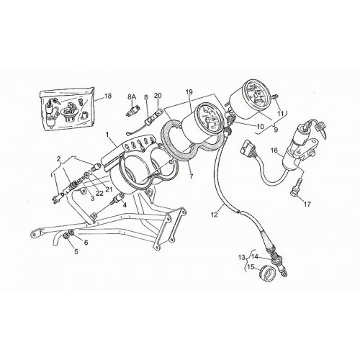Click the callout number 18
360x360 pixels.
point(108,96)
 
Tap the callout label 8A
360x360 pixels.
point(132,97)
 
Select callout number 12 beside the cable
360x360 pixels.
point(214,215)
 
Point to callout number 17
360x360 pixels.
point(307,204)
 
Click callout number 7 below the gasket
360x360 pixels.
point(192,176)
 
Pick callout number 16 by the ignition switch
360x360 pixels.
point(274,150)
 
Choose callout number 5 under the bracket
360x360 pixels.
point(76,251)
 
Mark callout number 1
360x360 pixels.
point(108,135)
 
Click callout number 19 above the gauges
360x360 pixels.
point(189,92)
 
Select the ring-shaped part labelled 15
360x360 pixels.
point(267,274)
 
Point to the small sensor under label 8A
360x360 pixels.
point(132,112)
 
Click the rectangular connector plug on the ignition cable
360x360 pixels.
point(246,147)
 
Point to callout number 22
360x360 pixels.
point(99,193)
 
